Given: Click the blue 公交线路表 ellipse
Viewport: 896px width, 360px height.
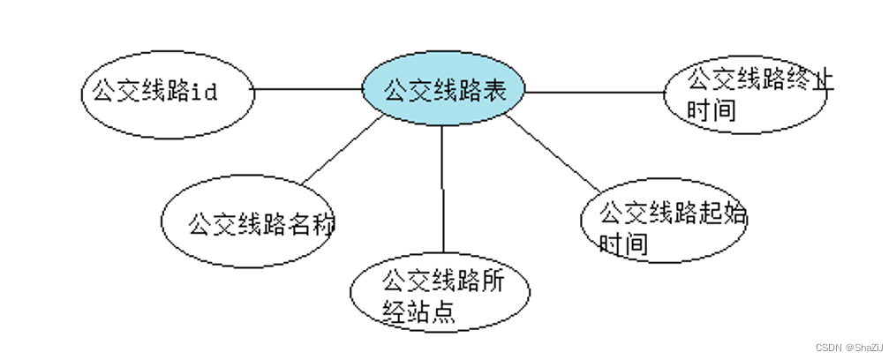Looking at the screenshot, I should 445,90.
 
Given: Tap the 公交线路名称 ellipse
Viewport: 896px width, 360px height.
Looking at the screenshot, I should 247,222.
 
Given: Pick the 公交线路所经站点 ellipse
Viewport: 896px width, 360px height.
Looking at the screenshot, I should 440,295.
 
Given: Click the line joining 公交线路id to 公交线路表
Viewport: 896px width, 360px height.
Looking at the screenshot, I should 309,89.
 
